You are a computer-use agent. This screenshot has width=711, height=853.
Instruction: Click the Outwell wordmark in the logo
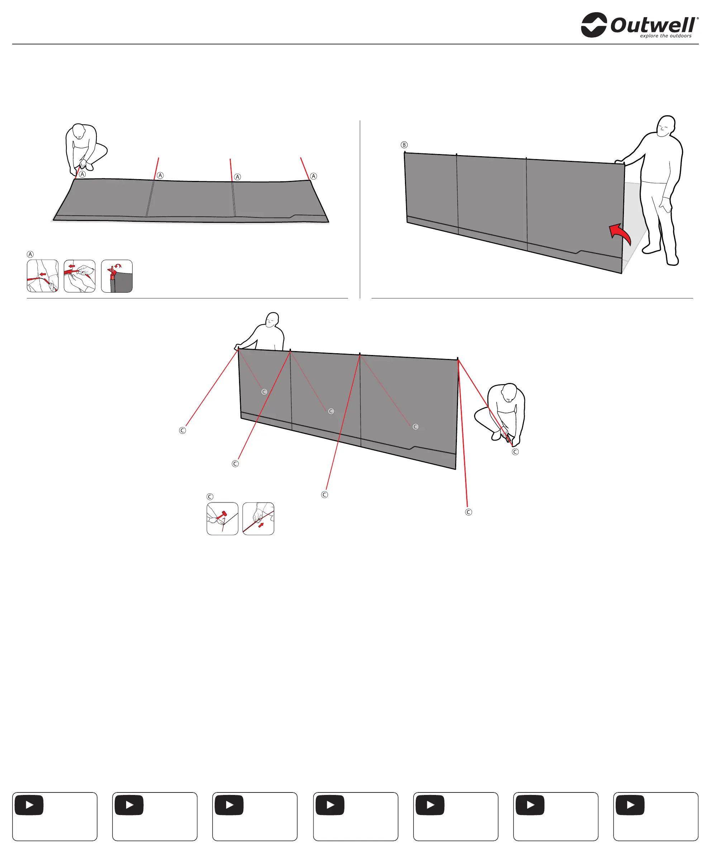[x=653, y=25]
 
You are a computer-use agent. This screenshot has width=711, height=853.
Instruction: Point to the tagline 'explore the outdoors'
[x=665, y=36]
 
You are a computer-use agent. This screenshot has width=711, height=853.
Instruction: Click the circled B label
[x=404, y=145]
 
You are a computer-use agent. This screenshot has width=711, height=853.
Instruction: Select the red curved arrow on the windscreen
[x=620, y=234]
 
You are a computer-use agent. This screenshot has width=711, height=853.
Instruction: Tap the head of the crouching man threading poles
[x=79, y=131]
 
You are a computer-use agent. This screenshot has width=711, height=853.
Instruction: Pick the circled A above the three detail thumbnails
[x=30, y=254]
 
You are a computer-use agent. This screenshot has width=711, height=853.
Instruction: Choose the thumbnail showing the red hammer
[x=222, y=519]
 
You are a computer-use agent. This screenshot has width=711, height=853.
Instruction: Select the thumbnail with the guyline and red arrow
[x=258, y=519]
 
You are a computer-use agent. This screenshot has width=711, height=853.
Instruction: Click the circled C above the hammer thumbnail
[x=210, y=497]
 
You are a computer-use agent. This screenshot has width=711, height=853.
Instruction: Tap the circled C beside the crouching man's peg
[x=515, y=452]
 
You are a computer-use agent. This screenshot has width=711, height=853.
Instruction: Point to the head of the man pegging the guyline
[x=509, y=392]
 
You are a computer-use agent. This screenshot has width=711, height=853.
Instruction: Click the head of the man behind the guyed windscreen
[x=272, y=320]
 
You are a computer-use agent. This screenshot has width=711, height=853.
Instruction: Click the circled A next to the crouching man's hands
[x=82, y=174]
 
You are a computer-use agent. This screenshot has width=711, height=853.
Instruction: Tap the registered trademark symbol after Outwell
[x=698, y=18]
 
